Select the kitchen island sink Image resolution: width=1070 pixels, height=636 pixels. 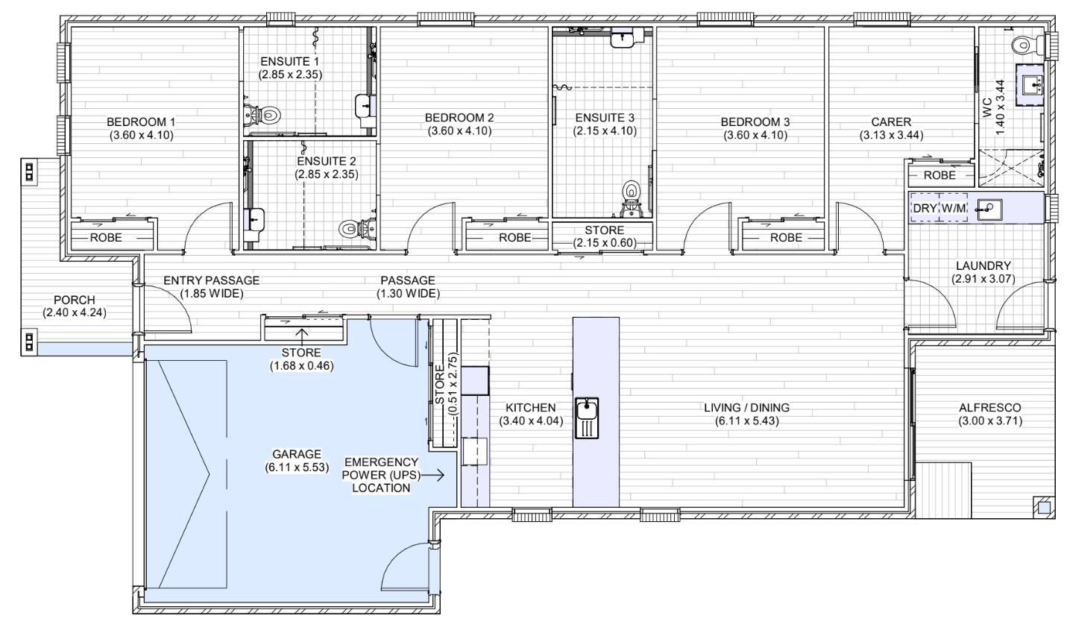pos(587,418)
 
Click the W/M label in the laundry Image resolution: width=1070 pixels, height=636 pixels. pos(954,208)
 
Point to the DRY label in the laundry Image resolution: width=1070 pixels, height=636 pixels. pos(925,208)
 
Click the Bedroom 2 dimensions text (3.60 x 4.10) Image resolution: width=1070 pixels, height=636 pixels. pos(459,130)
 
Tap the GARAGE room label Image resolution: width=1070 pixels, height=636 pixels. pos(297,454)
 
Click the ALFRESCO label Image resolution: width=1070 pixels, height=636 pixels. pos(989,408)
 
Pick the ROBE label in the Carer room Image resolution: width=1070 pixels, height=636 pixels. pos(940,175)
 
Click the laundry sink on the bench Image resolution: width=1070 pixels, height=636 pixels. pos(989,209)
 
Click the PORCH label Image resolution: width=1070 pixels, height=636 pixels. pos(74,300)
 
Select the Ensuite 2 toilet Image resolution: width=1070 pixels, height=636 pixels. pos(357,228)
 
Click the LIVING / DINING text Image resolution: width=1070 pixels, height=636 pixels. pos(746,408)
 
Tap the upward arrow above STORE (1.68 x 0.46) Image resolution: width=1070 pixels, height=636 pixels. pos(302,336)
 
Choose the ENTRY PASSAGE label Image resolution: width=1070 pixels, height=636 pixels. pos(212,280)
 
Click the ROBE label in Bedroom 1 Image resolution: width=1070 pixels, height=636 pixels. pos(106,237)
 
